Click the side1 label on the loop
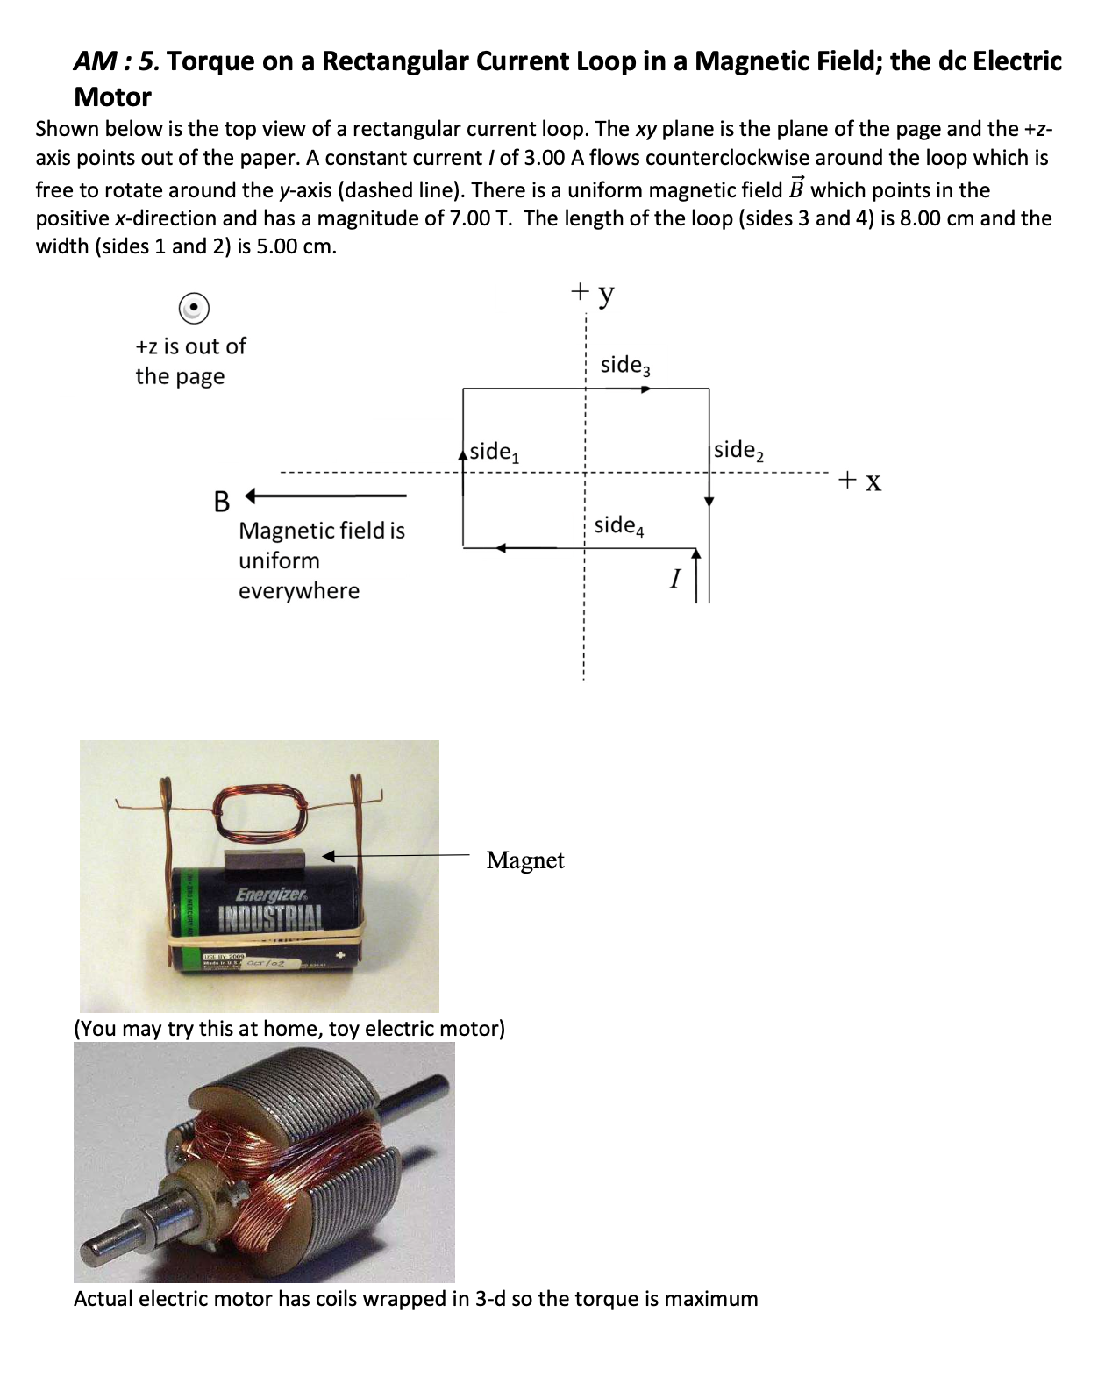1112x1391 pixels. [x=495, y=453]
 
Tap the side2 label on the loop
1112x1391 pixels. [x=738, y=451]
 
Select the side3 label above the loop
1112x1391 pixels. [x=625, y=365]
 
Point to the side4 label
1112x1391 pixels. [x=619, y=525]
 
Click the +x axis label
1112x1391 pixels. [x=859, y=481]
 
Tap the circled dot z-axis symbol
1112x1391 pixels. [x=193, y=308]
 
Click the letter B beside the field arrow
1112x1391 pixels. [x=222, y=502]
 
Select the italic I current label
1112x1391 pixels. [x=674, y=579]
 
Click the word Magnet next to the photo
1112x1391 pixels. [x=525, y=860]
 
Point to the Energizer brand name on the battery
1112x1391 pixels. [x=271, y=895]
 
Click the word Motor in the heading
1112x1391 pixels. [x=112, y=96]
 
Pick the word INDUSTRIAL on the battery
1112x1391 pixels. [x=270, y=918]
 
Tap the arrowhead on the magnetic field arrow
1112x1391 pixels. [x=251, y=496]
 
